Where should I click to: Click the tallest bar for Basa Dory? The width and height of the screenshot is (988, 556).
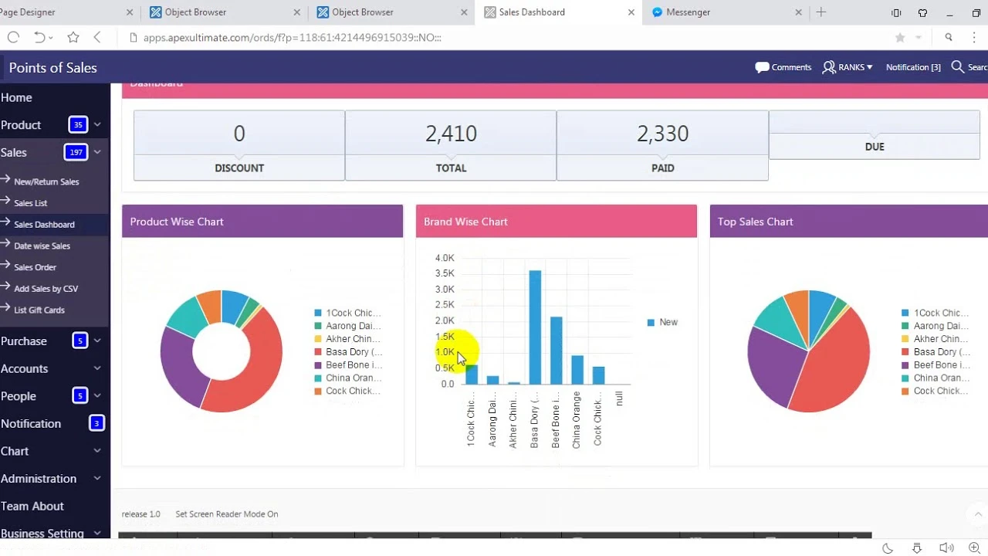pos(535,328)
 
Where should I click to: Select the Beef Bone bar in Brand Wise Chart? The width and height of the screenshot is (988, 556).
pos(556,351)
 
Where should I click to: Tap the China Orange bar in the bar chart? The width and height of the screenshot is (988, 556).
pos(577,370)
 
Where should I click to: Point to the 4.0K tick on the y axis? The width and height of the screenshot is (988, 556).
pos(445,258)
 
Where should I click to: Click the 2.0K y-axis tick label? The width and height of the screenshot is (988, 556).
pos(445,320)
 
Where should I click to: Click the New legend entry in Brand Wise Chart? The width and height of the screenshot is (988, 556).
pos(668,322)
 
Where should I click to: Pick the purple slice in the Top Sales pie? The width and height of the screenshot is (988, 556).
pos(772,363)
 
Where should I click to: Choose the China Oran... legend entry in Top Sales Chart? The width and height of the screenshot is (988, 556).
pos(940,378)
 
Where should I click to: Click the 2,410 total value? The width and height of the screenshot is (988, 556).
pos(451,134)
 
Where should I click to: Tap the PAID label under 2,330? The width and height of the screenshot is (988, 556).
pos(662,168)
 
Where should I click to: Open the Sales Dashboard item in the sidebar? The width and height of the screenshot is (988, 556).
pos(44,225)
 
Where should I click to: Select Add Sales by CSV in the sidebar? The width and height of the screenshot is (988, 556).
pos(46,289)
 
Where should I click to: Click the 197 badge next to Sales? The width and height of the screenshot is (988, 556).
pos(76,152)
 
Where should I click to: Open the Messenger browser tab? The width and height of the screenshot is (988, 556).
pos(688,12)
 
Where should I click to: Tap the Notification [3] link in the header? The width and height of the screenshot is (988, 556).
pos(913,67)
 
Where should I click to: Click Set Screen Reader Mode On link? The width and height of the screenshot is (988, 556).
pos(226,514)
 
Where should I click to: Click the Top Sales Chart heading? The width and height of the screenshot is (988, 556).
pos(755,222)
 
